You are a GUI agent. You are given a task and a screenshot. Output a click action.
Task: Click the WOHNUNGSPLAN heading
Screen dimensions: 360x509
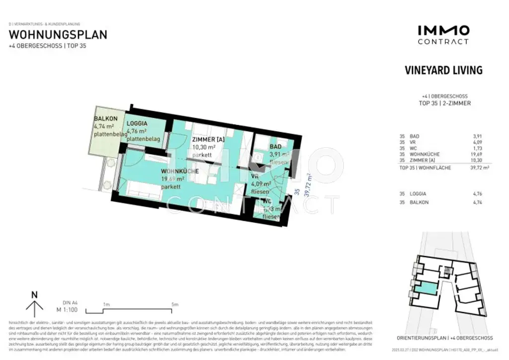coord(58,35)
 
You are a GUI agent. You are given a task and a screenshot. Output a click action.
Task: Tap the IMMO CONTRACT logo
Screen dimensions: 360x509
coord(443,35)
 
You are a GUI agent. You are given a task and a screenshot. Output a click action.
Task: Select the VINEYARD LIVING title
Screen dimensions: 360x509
coord(443,70)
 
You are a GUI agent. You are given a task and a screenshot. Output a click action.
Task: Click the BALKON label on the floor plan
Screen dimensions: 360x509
coord(105,119)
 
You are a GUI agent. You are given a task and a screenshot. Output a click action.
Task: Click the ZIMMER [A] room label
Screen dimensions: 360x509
coord(208,140)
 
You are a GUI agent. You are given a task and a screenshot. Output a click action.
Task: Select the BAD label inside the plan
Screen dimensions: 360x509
coord(275,147)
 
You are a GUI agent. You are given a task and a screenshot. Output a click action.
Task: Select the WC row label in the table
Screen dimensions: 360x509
coord(414,148)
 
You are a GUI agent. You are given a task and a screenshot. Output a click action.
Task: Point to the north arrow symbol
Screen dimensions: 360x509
coord(34,304)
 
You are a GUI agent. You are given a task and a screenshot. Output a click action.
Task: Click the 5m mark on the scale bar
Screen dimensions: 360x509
coord(174,304)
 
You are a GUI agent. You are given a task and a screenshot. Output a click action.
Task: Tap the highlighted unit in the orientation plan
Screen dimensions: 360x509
coord(425,287)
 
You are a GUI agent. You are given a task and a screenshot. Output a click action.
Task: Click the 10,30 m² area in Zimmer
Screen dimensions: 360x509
coord(204,148)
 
